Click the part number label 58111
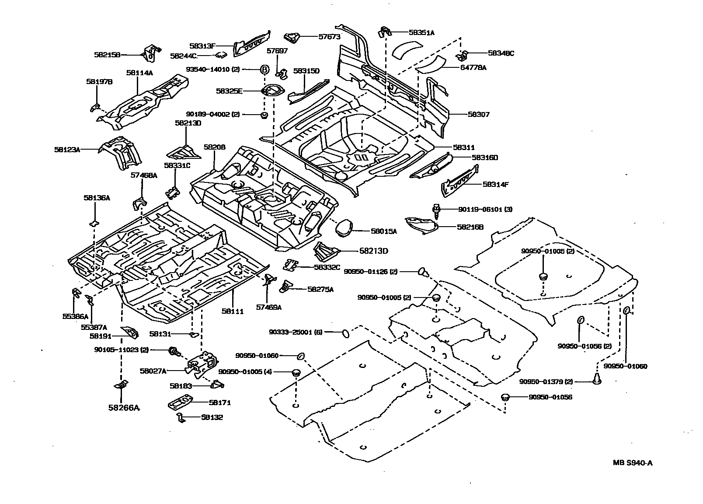232,311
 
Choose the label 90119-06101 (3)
485,209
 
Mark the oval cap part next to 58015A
343,227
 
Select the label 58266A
124,408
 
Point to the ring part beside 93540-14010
264,69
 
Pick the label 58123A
67,150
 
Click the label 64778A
473,67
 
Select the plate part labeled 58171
181,403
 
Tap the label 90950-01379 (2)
546,381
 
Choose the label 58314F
495,185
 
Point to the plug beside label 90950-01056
505,397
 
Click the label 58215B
107,55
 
